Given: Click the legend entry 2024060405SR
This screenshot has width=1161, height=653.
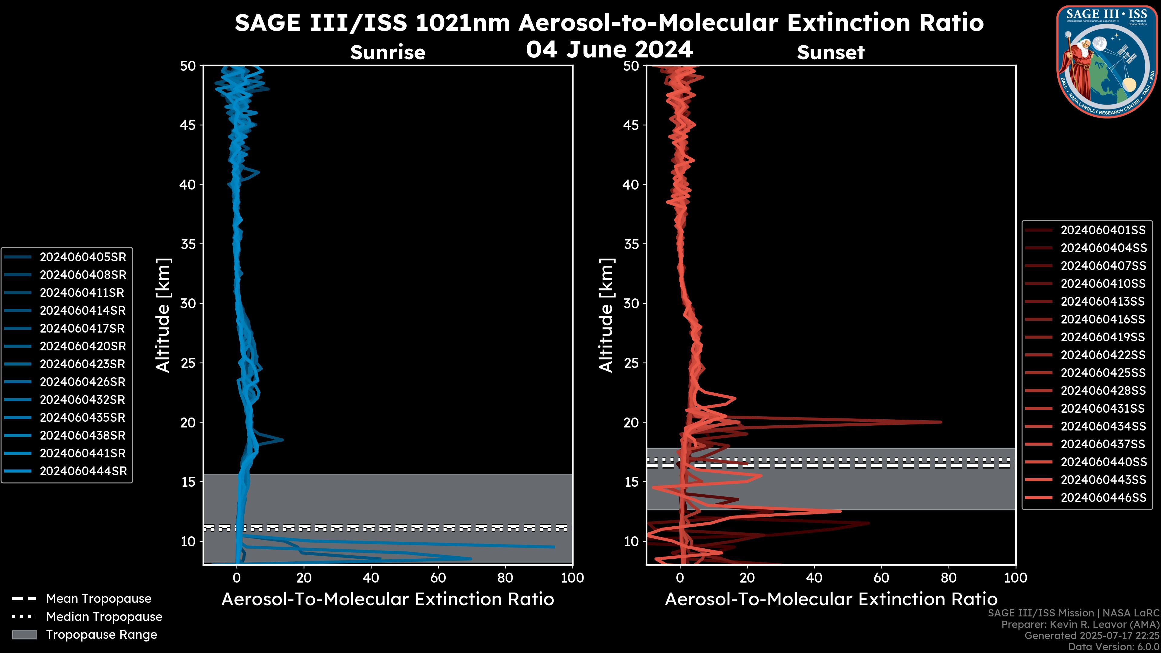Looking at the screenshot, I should [x=83, y=257].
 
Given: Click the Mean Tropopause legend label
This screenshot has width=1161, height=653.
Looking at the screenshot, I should [x=99, y=599].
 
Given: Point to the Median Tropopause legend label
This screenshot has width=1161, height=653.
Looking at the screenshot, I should [x=104, y=617].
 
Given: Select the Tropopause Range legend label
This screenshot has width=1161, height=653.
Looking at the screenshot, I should [x=101, y=635].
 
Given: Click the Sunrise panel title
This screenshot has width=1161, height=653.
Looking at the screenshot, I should [x=388, y=53].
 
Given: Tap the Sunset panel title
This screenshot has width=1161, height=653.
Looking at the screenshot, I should [x=831, y=53].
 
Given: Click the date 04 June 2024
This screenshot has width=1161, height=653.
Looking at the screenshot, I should [x=609, y=49].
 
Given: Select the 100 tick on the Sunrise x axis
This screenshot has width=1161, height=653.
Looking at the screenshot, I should [x=572, y=578].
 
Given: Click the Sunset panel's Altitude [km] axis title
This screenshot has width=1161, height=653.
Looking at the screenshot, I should [x=607, y=315].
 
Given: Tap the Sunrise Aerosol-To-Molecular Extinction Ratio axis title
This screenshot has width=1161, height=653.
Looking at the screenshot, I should [x=388, y=599].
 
